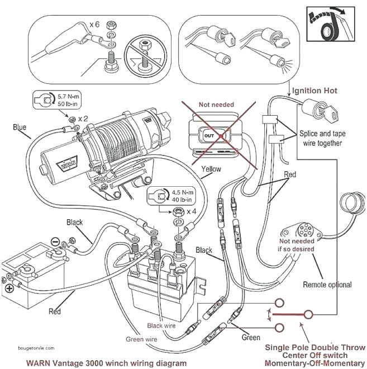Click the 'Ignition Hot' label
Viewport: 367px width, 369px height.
click(x=314, y=91)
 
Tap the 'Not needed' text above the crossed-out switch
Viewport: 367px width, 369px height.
click(x=216, y=105)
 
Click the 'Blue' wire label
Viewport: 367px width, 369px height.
click(x=20, y=127)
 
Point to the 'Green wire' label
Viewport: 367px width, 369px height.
click(x=141, y=338)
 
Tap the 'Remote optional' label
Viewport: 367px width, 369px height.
click(x=327, y=285)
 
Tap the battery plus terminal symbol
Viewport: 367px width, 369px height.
click(x=9, y=290)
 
